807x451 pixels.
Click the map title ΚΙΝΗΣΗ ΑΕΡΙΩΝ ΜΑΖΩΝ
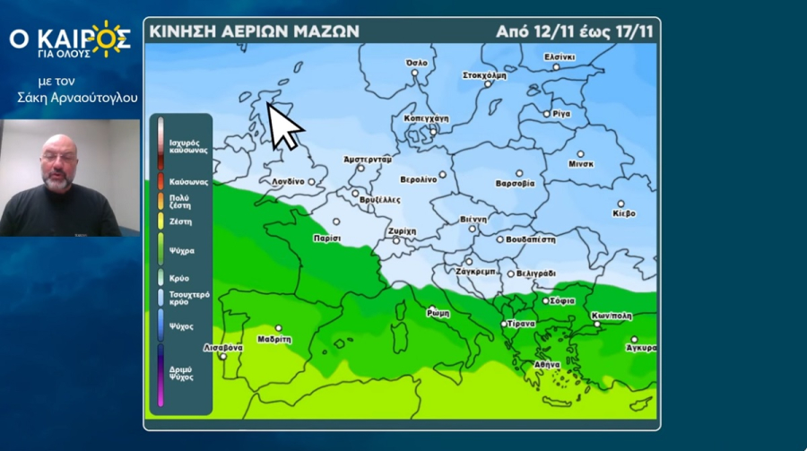click(x=254, y=30)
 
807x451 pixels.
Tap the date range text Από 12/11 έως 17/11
click(x=574, y=30)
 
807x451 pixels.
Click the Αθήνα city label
click(x=546, y=365)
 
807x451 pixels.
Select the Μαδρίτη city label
click(x=273, y=340)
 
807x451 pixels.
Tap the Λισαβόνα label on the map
click(x=222, y=347)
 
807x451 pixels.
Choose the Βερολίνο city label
click(x=418, y=179)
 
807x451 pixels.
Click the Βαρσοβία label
click(x=515, y=183)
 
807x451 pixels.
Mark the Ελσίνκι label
click(x=560, y=57)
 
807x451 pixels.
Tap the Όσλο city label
click(x=417, y=63)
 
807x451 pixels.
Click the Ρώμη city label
click(x=438, y=313)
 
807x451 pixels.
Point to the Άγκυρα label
click(x=641, y=347)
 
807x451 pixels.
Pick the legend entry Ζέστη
click(x=180, y=221)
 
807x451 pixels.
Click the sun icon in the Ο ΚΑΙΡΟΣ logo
click(x=109, y=39)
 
